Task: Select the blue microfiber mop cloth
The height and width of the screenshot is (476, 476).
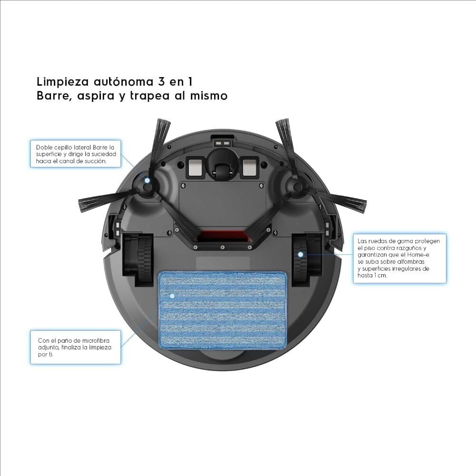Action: (x=221, y=309)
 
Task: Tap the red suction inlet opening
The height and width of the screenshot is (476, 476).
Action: (x=222, y=236)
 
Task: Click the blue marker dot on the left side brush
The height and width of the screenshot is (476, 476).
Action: (x=147, y=181)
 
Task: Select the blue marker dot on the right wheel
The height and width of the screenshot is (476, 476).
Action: (x=301, y=255)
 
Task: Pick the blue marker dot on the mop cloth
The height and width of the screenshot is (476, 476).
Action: (x=172, y=296)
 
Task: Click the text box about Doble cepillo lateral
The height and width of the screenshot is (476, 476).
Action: (x=75, y=154)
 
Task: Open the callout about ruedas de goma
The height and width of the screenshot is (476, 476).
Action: (x=399, y=258)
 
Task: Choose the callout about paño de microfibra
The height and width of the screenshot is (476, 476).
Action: (x=75, y=347)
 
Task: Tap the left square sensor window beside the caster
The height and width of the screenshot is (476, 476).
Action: (x=195, y=167)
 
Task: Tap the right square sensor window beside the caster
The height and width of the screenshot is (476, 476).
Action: (x=249, y=167)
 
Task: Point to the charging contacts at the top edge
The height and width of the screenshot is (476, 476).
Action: (x=222, y=142)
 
